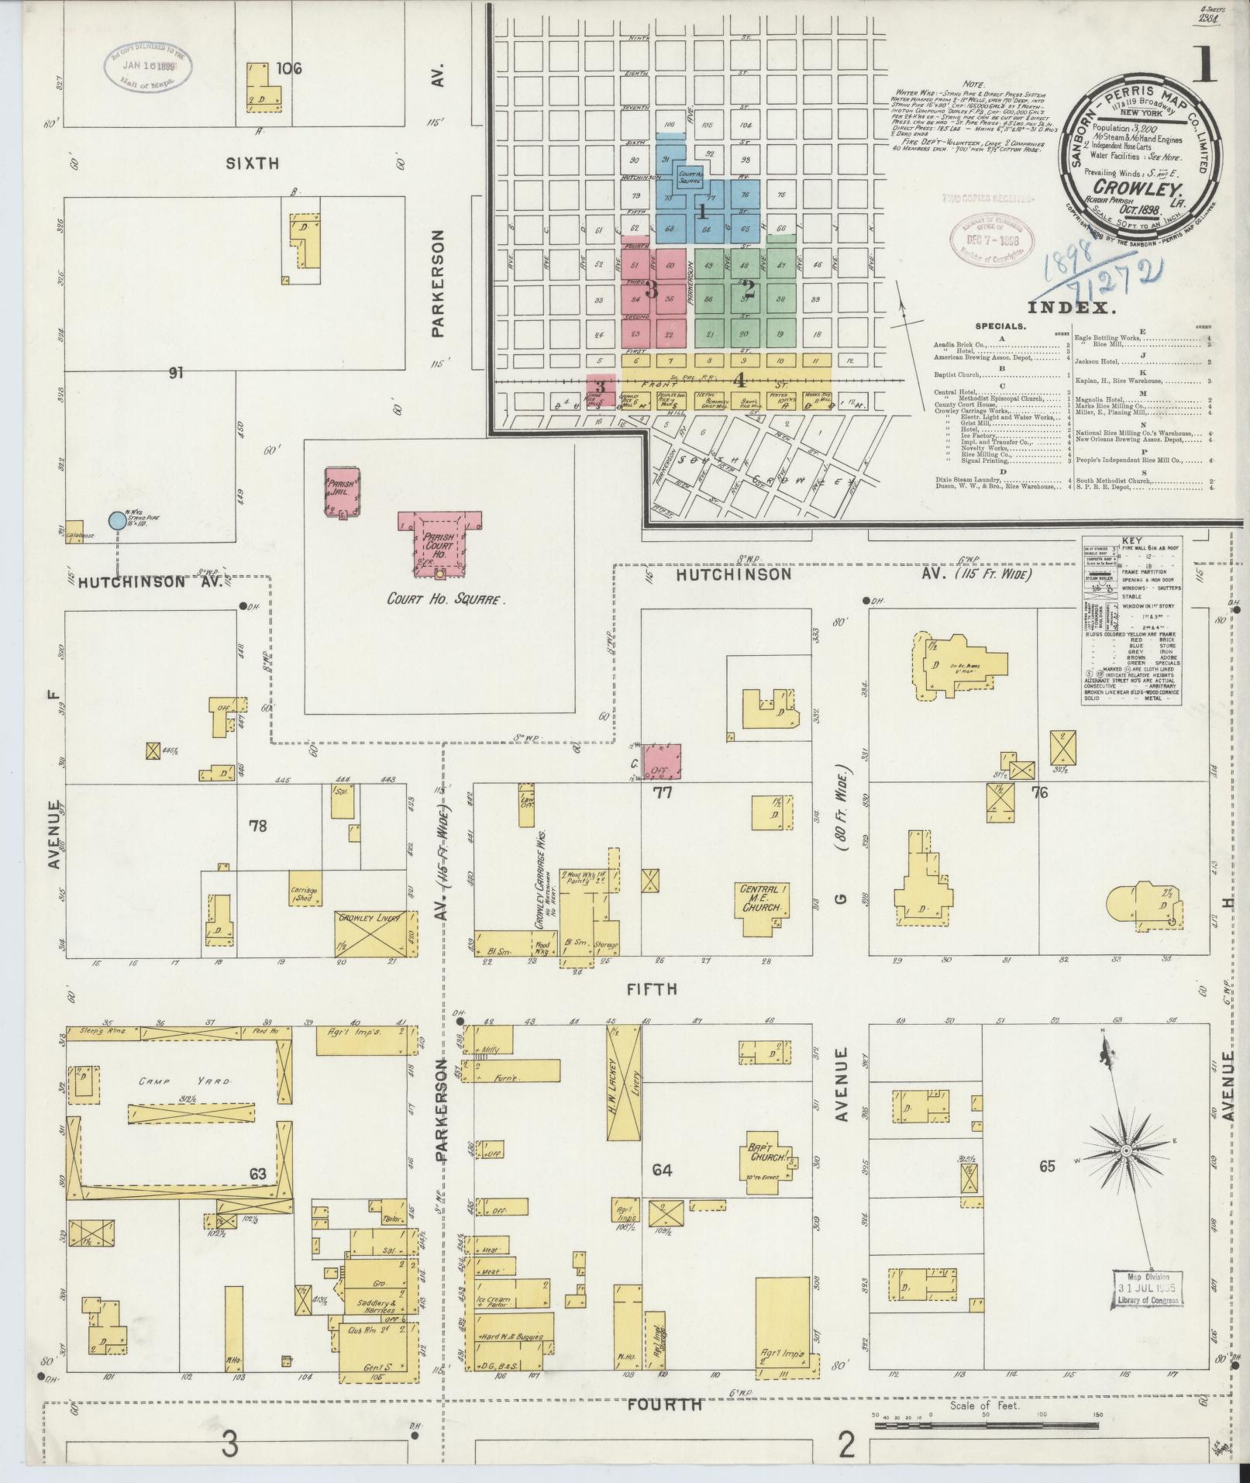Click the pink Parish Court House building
coord(439,542)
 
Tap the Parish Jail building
coord(341,491)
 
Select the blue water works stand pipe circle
coord(117,520)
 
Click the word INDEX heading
coord(1074,308)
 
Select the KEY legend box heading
coord(1131,542)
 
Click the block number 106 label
coord(288,69)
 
